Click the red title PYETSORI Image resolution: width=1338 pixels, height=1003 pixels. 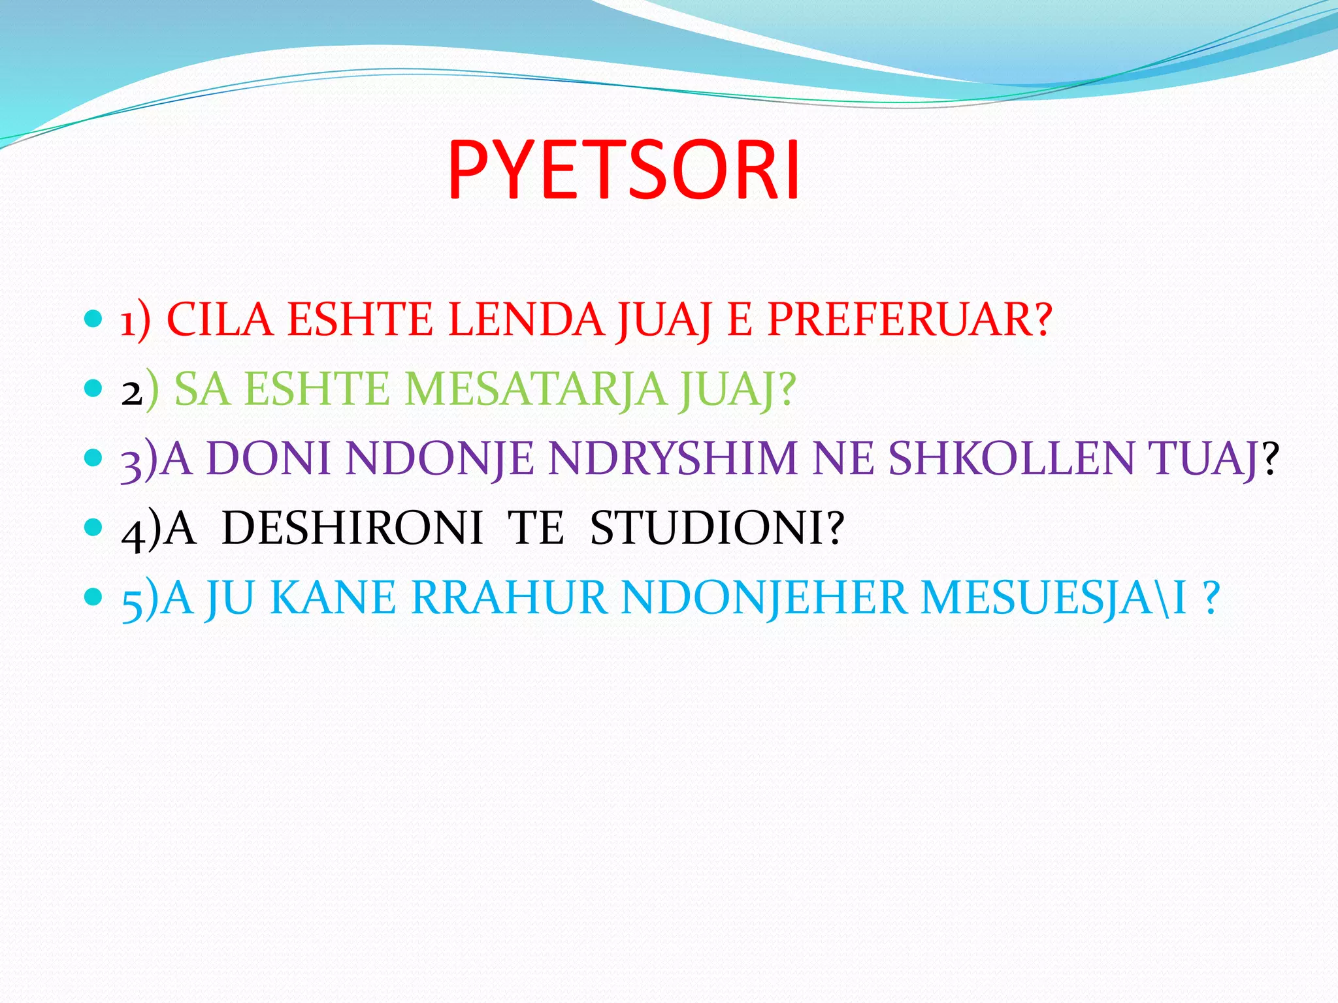pos(624,172)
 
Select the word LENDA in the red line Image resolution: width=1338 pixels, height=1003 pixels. pos(526,320)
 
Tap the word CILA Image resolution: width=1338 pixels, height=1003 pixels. pos(220,320)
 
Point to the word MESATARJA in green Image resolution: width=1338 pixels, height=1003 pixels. pos(536,389)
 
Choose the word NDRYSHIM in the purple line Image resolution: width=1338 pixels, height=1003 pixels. pos(672,458)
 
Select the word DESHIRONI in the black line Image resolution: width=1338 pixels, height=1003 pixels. pos(352,528)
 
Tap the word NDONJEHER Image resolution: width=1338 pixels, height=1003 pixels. pos(764,597)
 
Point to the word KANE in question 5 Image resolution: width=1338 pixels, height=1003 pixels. pos(333,597)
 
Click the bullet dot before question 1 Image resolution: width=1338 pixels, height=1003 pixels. pos(94,319)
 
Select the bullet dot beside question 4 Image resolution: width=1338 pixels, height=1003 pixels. pos(94,526)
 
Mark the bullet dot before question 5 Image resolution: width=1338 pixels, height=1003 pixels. pos(94,596)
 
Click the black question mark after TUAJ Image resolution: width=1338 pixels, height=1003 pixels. pos(1270,458)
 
